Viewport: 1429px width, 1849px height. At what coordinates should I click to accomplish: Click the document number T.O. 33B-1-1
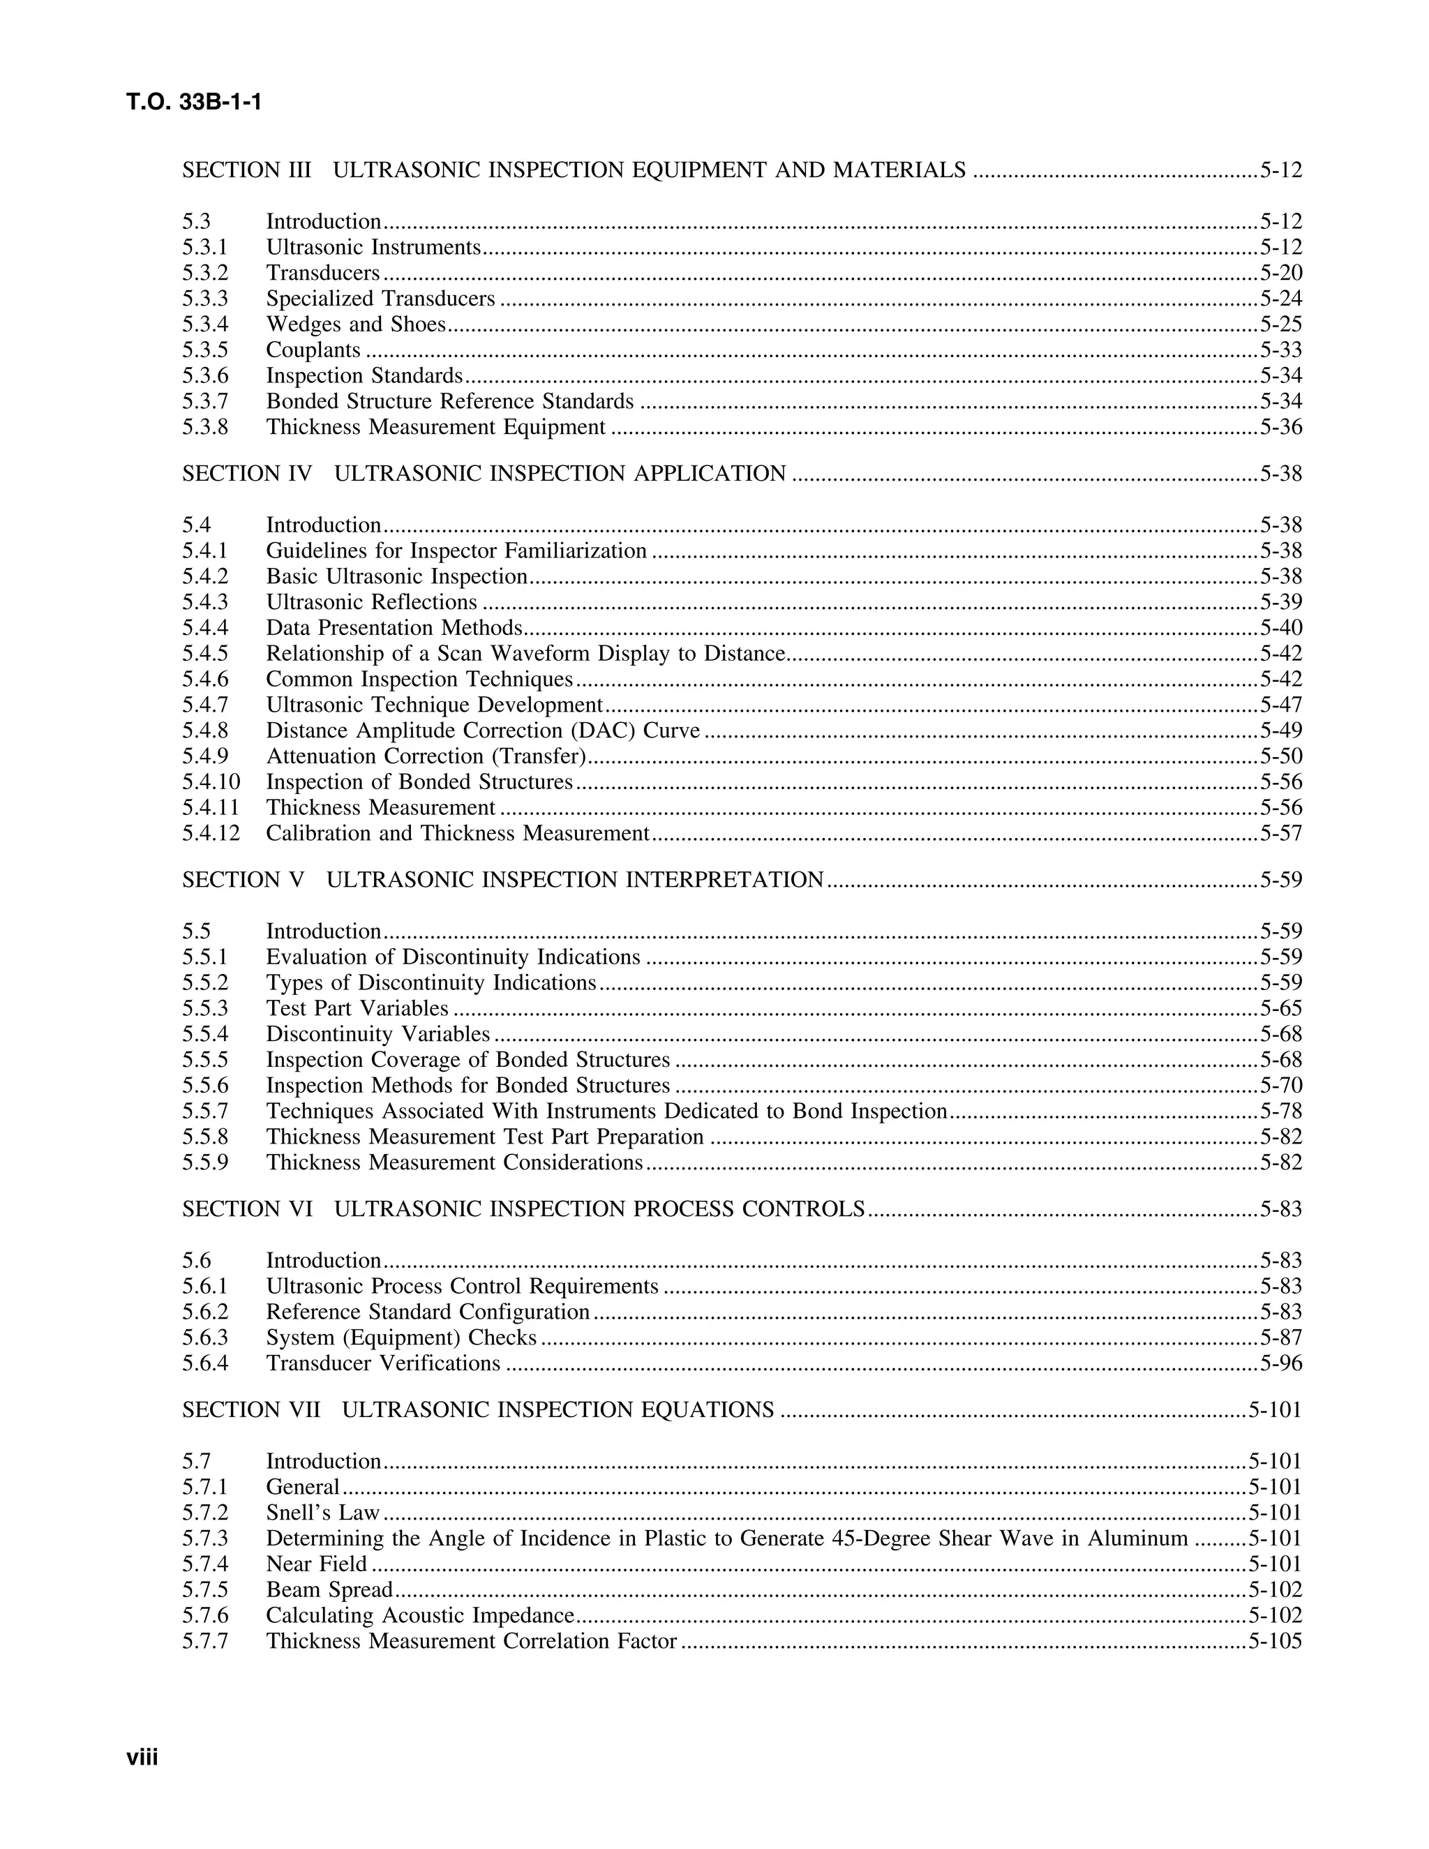tap(194, 103)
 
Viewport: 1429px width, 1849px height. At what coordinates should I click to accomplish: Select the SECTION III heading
tap(573, 170)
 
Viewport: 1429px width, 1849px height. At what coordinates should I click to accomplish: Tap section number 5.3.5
tap(205, 350)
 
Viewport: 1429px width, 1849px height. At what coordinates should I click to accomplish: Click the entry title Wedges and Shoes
tap(356, 324)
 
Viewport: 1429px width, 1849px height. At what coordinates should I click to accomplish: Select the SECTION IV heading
tap(484, 474)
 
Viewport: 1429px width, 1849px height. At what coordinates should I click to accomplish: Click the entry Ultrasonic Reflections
tap(372, 603)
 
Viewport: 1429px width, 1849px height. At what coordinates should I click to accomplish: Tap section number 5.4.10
tap(211, 782)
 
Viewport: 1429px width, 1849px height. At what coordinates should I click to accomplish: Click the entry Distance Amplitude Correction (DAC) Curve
tap(483, 731)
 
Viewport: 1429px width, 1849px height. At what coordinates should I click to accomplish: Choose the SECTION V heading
tap(503, 881)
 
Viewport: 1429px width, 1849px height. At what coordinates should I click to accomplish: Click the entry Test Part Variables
tap(357, 1009)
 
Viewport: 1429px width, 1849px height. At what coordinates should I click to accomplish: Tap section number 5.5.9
tap(205, 1163)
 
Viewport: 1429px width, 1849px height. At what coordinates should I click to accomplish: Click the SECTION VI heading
tap(523, 1210)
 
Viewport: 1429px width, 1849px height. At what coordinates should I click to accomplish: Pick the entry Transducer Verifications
tap(382, 1364)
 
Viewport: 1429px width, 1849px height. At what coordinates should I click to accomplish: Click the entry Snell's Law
tap(322, 1513)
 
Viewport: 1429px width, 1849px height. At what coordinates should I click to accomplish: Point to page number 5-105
tap(1275, 1642)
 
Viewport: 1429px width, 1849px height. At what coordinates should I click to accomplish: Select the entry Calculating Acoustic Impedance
tap(420, 1615)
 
